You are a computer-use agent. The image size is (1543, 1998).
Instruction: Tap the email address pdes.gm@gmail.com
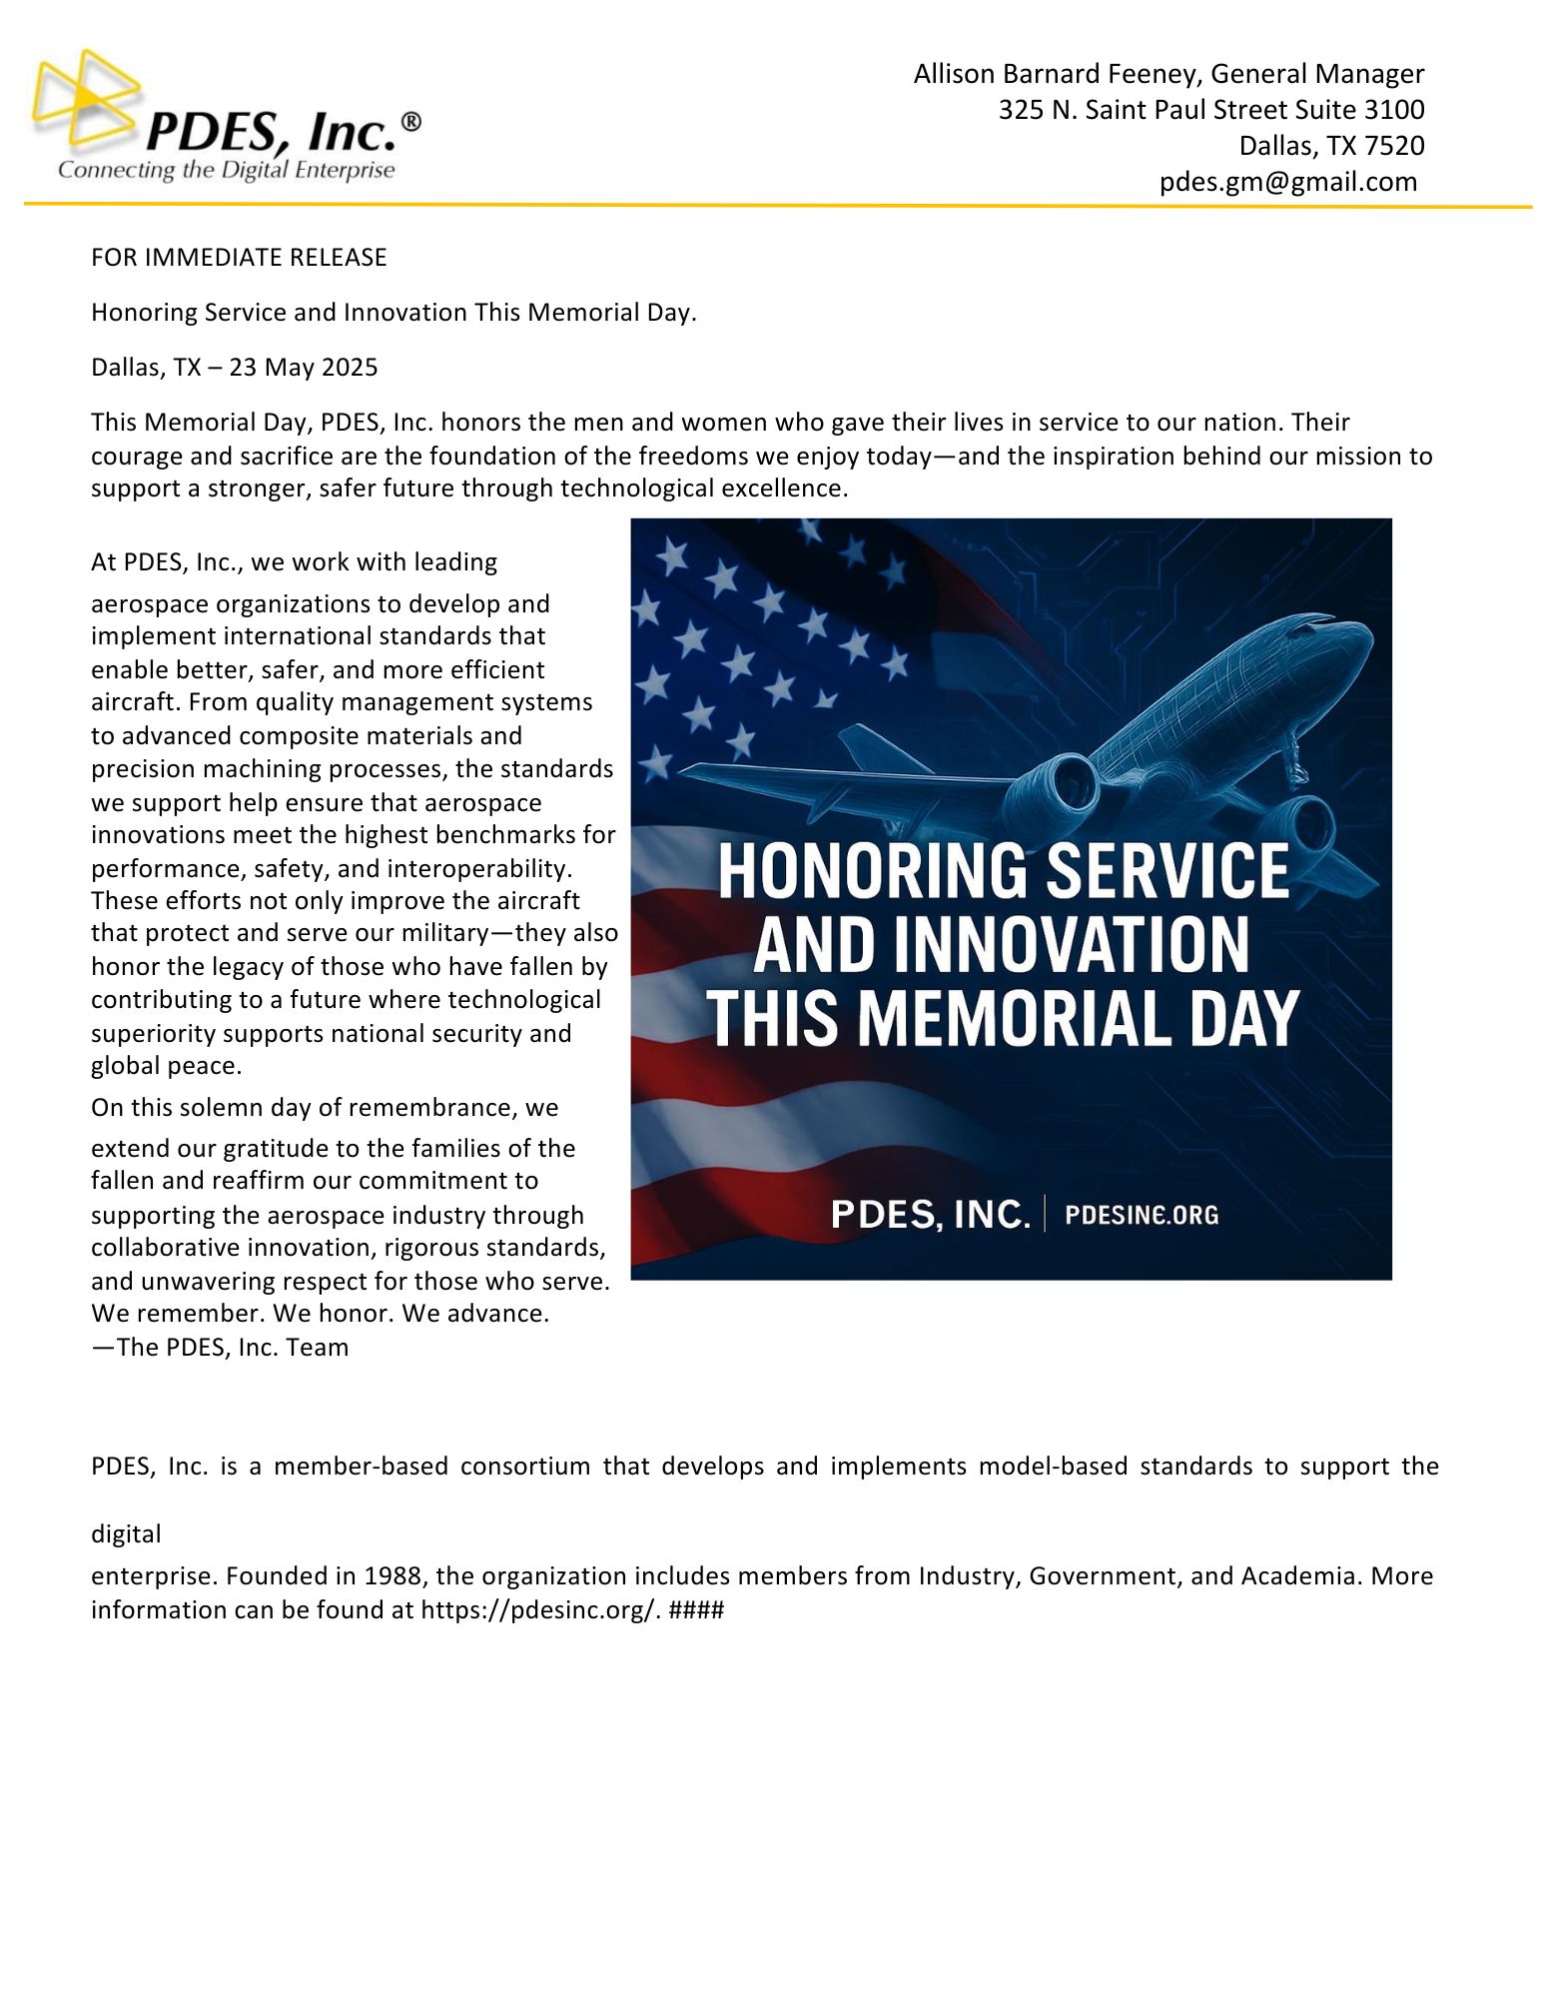click(x=1287, y=182)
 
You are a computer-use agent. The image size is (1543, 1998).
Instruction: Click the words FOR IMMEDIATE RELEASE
click(x=239, y=258)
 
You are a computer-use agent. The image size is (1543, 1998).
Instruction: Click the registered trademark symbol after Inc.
click(x=410, y=122)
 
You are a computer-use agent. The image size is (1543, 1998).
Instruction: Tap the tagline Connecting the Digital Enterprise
click(x=227, y=171)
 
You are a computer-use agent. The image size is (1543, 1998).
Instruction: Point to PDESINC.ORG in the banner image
click(x=1142, y=1215)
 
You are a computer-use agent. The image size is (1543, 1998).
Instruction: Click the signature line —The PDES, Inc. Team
click(x=220, y=1348)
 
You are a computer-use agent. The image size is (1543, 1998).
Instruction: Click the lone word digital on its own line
click(x=126, y=1534)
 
